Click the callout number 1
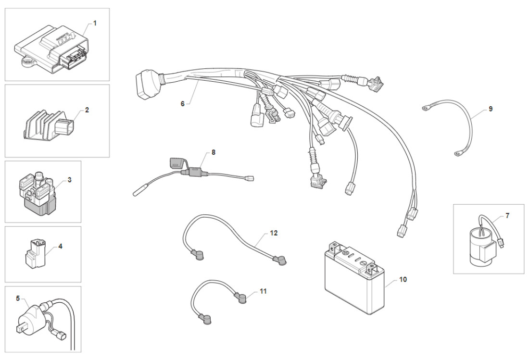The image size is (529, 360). tap(95, 23)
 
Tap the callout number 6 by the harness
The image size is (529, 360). tap(182, 103)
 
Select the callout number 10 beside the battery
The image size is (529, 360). tap(403, 279)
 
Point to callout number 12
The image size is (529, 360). tap(274, 233)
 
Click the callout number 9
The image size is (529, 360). tap(491, 109)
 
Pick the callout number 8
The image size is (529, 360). tap(213, 152)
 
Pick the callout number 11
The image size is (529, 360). tap(263, 291)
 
